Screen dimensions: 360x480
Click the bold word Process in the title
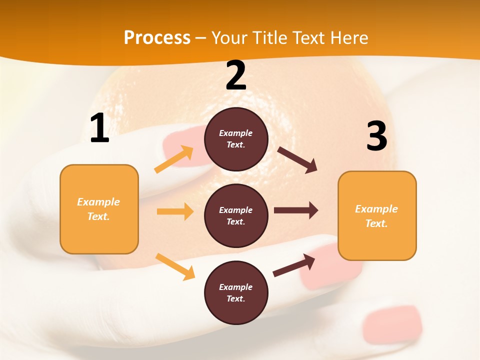(157, 38)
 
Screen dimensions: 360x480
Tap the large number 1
(99, 128)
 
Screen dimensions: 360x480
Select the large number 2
(236, 75)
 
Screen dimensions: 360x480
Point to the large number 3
(376, 136)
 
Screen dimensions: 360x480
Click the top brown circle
(236, 139)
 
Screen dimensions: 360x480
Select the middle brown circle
(236, 215)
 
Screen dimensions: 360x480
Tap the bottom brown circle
(236, 292)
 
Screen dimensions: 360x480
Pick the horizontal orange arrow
(175, 211)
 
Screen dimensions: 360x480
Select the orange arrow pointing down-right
(175, 266)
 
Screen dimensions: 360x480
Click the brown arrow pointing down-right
(297, 160)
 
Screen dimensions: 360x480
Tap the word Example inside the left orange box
(98, 202)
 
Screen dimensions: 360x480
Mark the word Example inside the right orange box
(376, 209)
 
